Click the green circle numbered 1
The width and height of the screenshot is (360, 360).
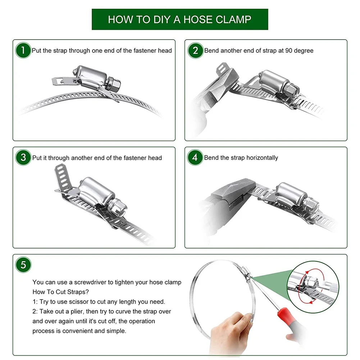(23, 50)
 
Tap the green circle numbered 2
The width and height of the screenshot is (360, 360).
(195, 50)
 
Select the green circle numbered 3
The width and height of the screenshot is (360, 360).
(23, 158)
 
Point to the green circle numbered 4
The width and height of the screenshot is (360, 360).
(195, 158)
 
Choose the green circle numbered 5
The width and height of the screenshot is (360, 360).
(23, 265)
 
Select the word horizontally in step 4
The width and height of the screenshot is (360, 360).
(263, 158)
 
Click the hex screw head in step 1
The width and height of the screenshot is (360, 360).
(113, 83)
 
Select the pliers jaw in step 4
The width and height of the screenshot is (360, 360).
(234, 190)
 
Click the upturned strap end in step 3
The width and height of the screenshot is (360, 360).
(62, 177)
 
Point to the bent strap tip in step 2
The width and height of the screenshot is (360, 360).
(222, 69)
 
